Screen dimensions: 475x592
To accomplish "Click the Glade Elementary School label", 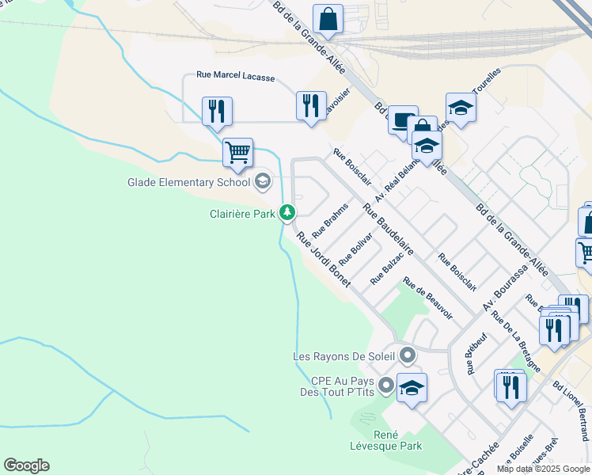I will pos(188,182).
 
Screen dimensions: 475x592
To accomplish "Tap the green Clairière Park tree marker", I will pos(287,212).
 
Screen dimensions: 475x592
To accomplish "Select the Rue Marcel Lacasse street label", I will pos(235,77).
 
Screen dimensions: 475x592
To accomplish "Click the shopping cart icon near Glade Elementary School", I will pos(237,150).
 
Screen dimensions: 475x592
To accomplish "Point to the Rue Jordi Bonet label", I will pos(323,258).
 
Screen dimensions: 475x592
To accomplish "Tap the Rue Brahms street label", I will pos(330,220).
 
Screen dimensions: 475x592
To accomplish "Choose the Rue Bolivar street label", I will pos(355,249).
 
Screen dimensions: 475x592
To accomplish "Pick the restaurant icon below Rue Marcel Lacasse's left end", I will pos(217,110).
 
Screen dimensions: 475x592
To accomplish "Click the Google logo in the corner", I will pos(26,465).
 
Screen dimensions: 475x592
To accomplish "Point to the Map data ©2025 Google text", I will pos(542,469).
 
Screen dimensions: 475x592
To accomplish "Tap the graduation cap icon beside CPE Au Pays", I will pos(412,387).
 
